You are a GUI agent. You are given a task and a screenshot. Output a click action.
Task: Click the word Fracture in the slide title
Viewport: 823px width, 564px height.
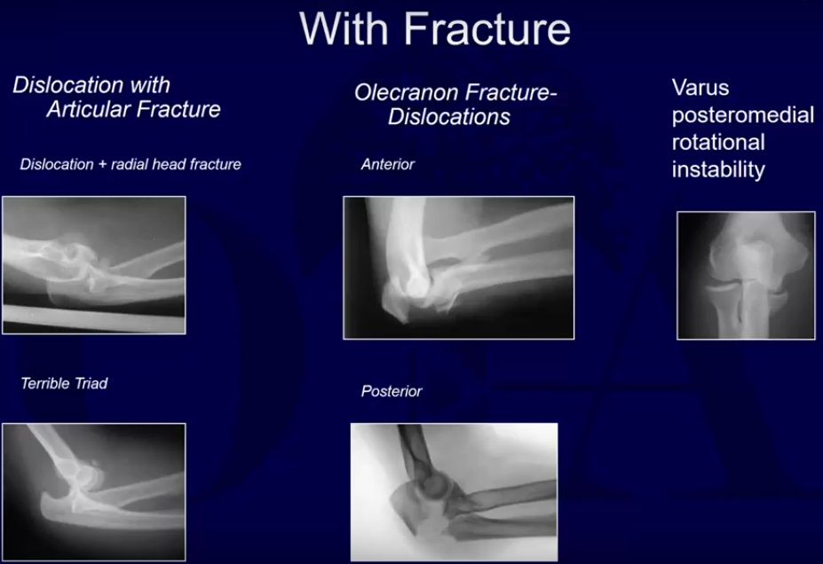(x=488, y=28)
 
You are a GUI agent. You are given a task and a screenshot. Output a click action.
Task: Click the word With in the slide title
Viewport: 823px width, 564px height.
(x=346, y=28)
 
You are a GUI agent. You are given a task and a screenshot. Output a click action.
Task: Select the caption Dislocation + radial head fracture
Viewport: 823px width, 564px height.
(x=130, y=164)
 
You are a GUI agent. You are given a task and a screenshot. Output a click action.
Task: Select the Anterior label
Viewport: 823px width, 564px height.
(x=388, y=165)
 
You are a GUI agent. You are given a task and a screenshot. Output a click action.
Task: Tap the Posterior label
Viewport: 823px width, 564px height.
(x=392, y=391)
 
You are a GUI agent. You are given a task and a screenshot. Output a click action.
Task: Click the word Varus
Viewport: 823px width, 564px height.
(x=700, y=88)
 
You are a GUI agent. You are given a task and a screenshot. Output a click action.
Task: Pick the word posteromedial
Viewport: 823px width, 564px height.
(x=742, y=115)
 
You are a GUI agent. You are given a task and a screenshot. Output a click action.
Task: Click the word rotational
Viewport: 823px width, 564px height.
(x=717, y=143)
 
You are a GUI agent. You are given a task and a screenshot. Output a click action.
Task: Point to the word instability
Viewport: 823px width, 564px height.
(x=717, y=170)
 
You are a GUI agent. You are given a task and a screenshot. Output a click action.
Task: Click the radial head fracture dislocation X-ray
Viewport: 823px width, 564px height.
(x=94, y=265)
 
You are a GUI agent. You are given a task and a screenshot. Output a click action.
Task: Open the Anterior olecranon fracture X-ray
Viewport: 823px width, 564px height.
(x=458, y=268)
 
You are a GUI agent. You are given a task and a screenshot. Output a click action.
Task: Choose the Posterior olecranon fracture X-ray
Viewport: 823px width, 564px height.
(x=454, y=490)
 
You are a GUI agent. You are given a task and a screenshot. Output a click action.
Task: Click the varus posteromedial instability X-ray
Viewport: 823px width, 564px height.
(x=746, y=275)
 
